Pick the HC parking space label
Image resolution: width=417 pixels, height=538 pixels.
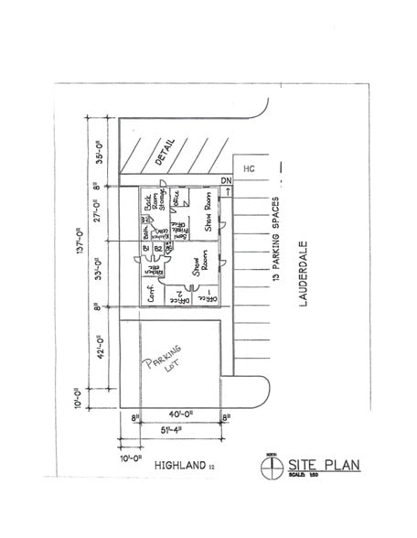click(248, 168)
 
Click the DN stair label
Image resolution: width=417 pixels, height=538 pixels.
click(228, 181)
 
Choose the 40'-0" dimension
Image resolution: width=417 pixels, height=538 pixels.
click(181, 417)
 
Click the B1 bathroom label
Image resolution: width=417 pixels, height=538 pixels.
click(146, 248)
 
